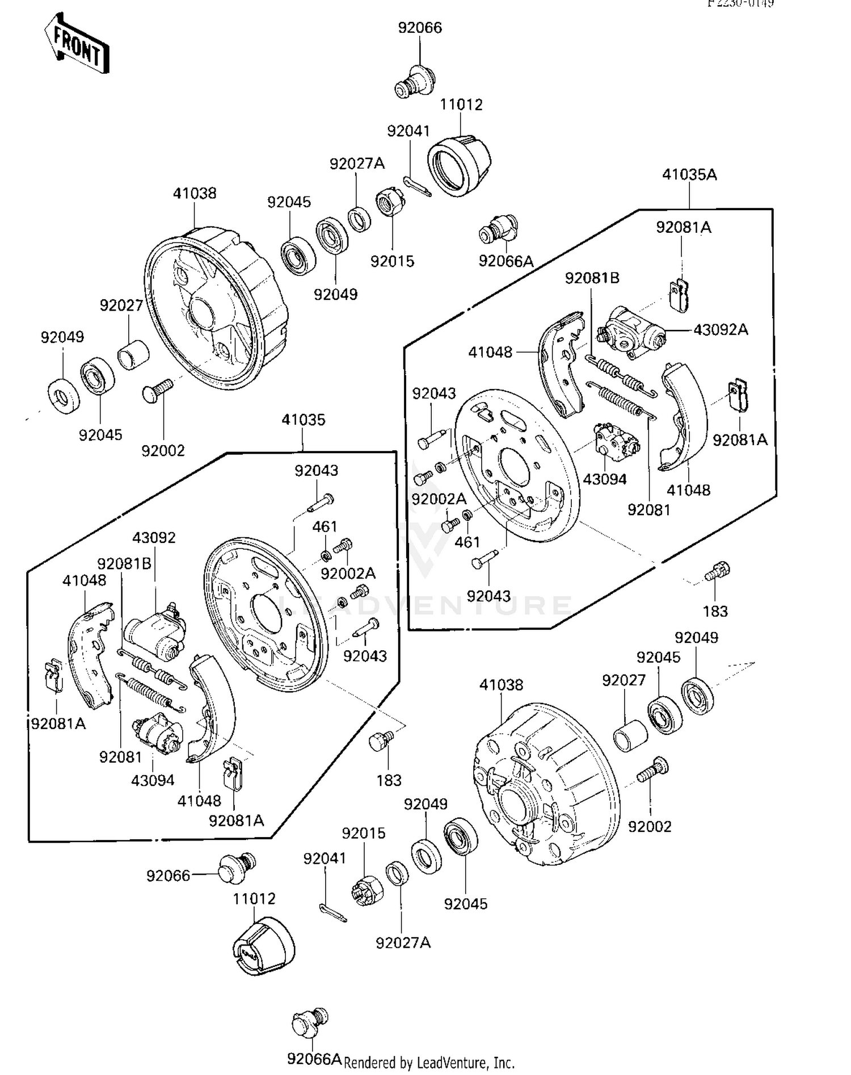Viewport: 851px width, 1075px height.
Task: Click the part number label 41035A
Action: (689, 175)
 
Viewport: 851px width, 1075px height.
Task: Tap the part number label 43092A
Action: (721, 329)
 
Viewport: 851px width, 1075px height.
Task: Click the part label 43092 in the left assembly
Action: (154, 537)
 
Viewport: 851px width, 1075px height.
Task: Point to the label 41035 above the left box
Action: (304, 420)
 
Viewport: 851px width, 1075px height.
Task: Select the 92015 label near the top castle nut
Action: (392, 261)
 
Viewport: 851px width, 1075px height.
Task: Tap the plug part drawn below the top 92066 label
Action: (415, 82)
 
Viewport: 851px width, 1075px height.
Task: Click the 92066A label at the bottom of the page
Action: (314, 1059)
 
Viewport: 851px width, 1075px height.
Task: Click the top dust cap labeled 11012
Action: (460, 164)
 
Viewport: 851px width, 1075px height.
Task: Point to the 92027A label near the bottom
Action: (403, 943)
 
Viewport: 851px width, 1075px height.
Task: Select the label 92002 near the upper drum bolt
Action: (163, 450)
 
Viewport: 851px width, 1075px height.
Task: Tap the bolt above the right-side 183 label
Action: (718, 570)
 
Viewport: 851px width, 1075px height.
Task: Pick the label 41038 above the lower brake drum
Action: (501, 685)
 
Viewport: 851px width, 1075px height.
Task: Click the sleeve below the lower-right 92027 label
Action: (630, 735)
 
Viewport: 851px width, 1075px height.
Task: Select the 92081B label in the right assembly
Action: (592, 278)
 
